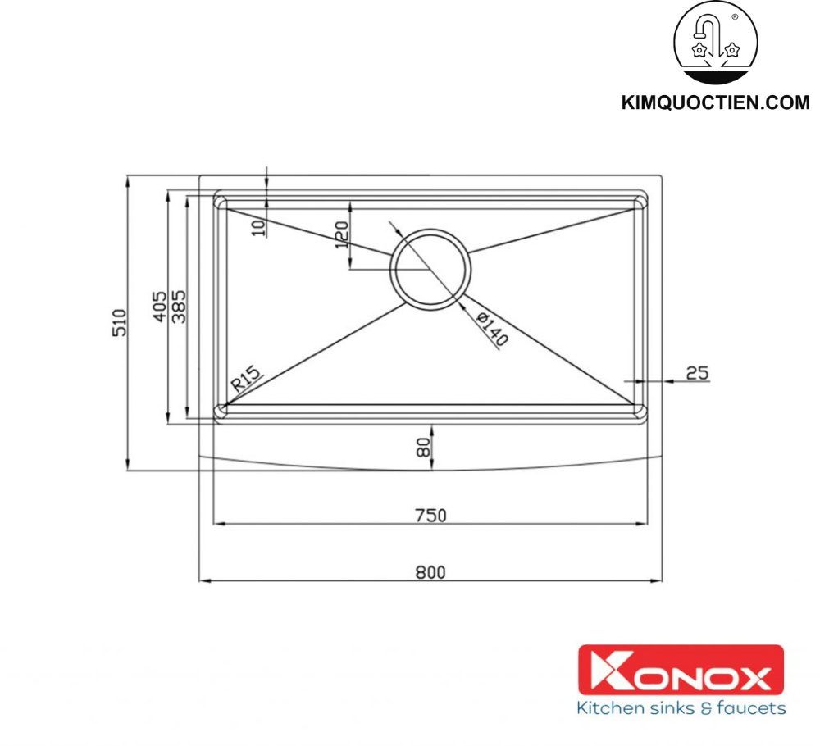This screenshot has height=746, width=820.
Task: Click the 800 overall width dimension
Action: point(430,572)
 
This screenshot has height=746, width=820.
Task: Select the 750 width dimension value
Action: point(430,515)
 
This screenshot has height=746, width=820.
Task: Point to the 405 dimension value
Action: point(160,306)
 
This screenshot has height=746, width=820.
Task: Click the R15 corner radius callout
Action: point(245,380)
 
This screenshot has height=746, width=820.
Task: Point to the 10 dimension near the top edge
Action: point(260,228)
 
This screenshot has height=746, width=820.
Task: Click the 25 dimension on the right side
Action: point(697,373)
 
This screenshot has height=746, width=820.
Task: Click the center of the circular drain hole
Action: point(430,268)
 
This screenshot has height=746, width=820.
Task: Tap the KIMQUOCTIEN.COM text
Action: point(716,103)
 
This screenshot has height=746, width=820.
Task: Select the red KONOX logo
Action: point(681,670)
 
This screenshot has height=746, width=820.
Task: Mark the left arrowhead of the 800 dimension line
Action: point(204,581)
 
